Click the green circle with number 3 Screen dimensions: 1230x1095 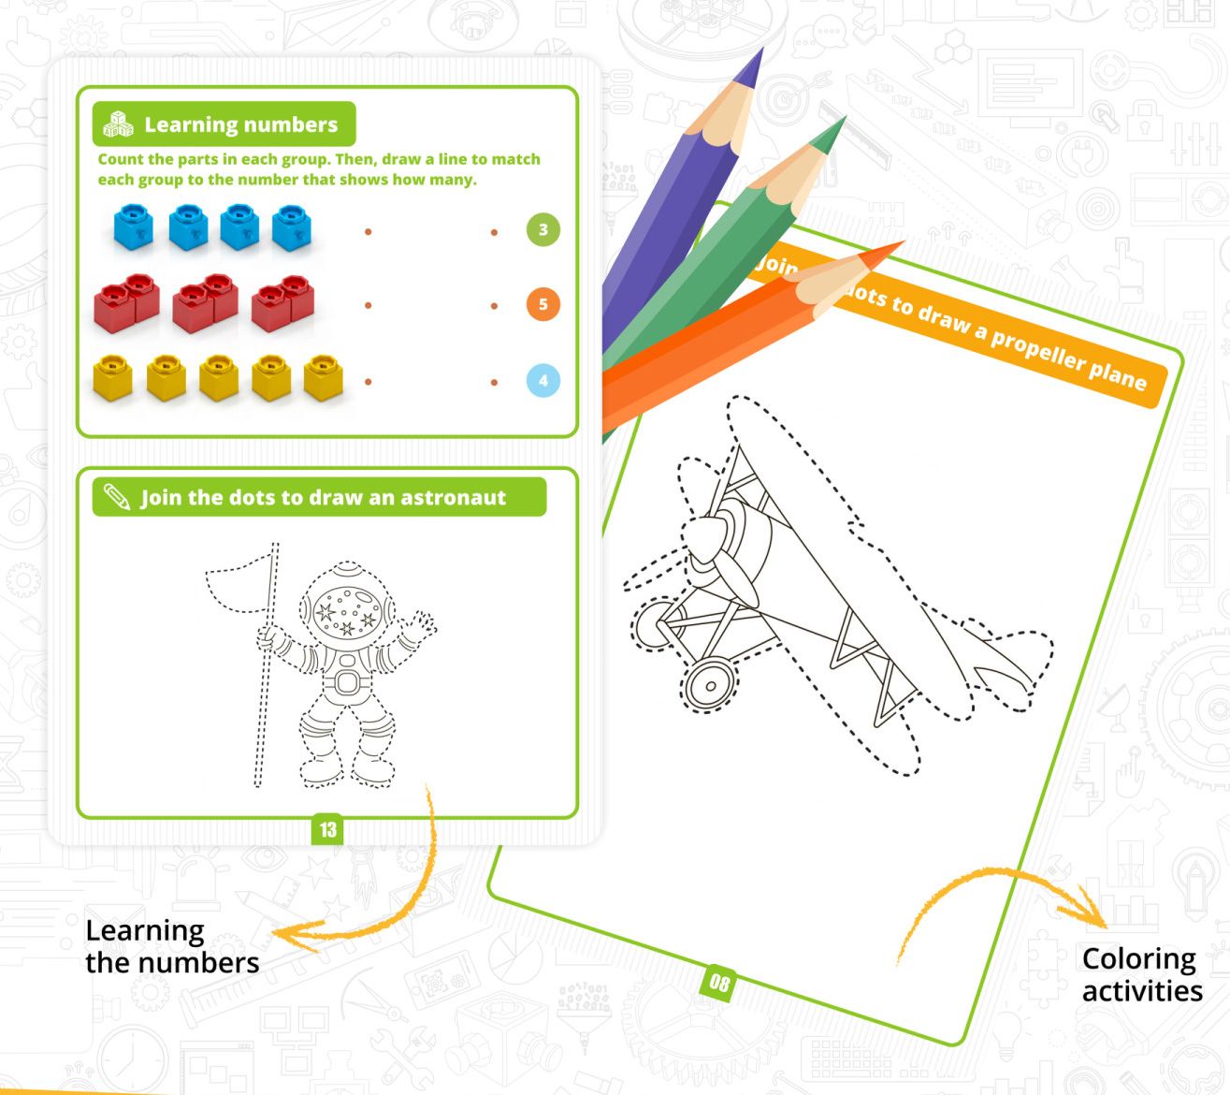pos(543,229)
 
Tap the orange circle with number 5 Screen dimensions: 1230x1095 pos(543,304)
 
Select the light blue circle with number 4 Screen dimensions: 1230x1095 pos(543,380)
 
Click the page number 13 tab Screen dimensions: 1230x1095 pos(327,829)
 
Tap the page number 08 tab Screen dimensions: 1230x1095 pos(718,983)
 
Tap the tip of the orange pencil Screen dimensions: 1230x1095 pos(903,242)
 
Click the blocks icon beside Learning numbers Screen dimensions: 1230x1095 pos(118,124)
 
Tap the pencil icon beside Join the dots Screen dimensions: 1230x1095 pos(116,496)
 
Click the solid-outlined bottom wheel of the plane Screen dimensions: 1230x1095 pos(709,685)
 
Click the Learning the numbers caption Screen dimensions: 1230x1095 pos(172,947)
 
